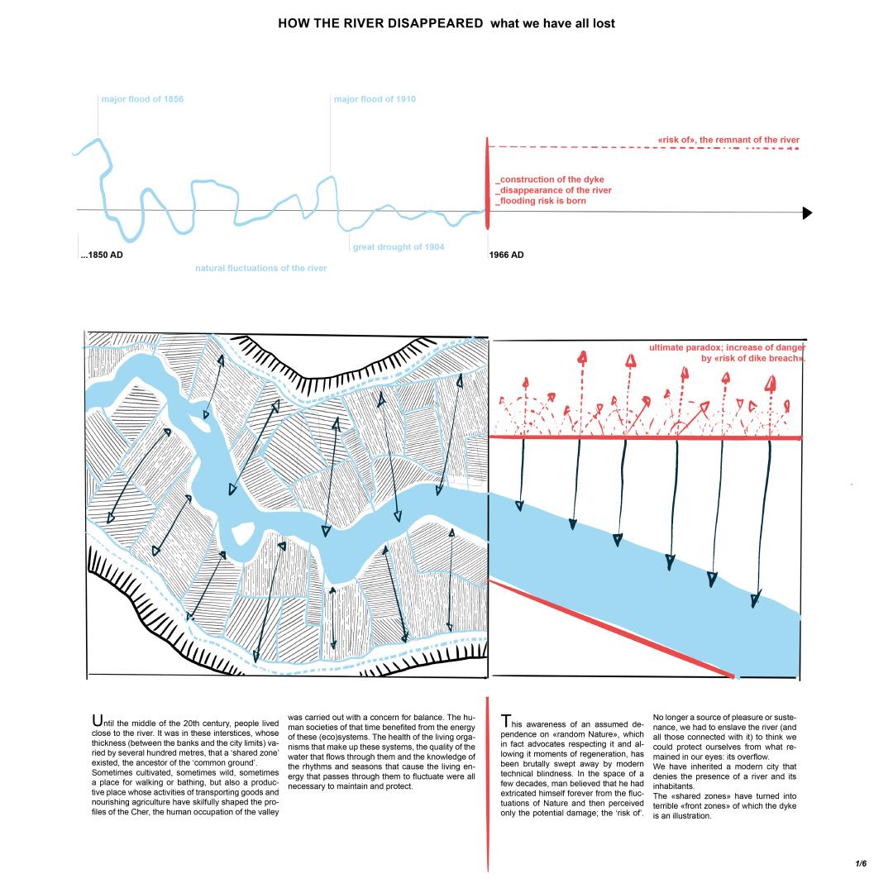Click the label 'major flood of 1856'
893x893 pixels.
[142, 99]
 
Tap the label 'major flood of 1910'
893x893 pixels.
[375, 99]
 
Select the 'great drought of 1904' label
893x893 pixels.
[399, 247]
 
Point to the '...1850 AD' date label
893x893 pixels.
[101, 255]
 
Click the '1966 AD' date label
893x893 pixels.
[507, 255]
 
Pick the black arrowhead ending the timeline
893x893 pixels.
[808, 213]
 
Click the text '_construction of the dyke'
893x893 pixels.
[550, 179]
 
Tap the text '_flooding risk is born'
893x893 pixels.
[541, 201]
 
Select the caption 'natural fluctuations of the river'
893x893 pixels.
[260, 268]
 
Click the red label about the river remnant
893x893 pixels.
[728, 140]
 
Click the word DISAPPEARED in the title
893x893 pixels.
[429, 23]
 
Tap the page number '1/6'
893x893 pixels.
[861, 863]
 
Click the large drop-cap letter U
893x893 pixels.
[98, 722]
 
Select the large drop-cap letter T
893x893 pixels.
[507, 722]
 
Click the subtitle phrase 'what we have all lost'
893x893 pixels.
[552, 23]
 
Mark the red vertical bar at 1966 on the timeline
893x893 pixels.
[487, 184]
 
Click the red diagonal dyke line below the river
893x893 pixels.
[612, 628]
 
